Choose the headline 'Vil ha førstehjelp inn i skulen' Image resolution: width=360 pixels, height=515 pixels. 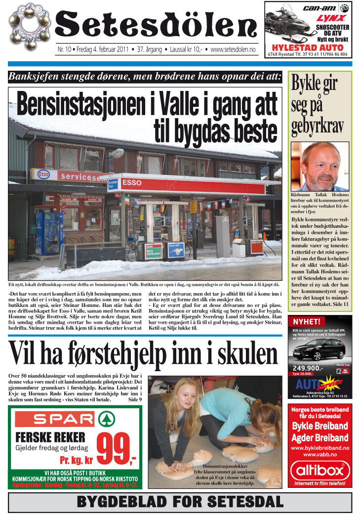(143, 354)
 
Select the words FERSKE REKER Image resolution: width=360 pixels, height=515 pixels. (50, 437)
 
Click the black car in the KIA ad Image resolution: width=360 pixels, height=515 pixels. (316, 350)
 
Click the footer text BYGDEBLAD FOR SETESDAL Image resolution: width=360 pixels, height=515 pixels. (180, 502)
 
